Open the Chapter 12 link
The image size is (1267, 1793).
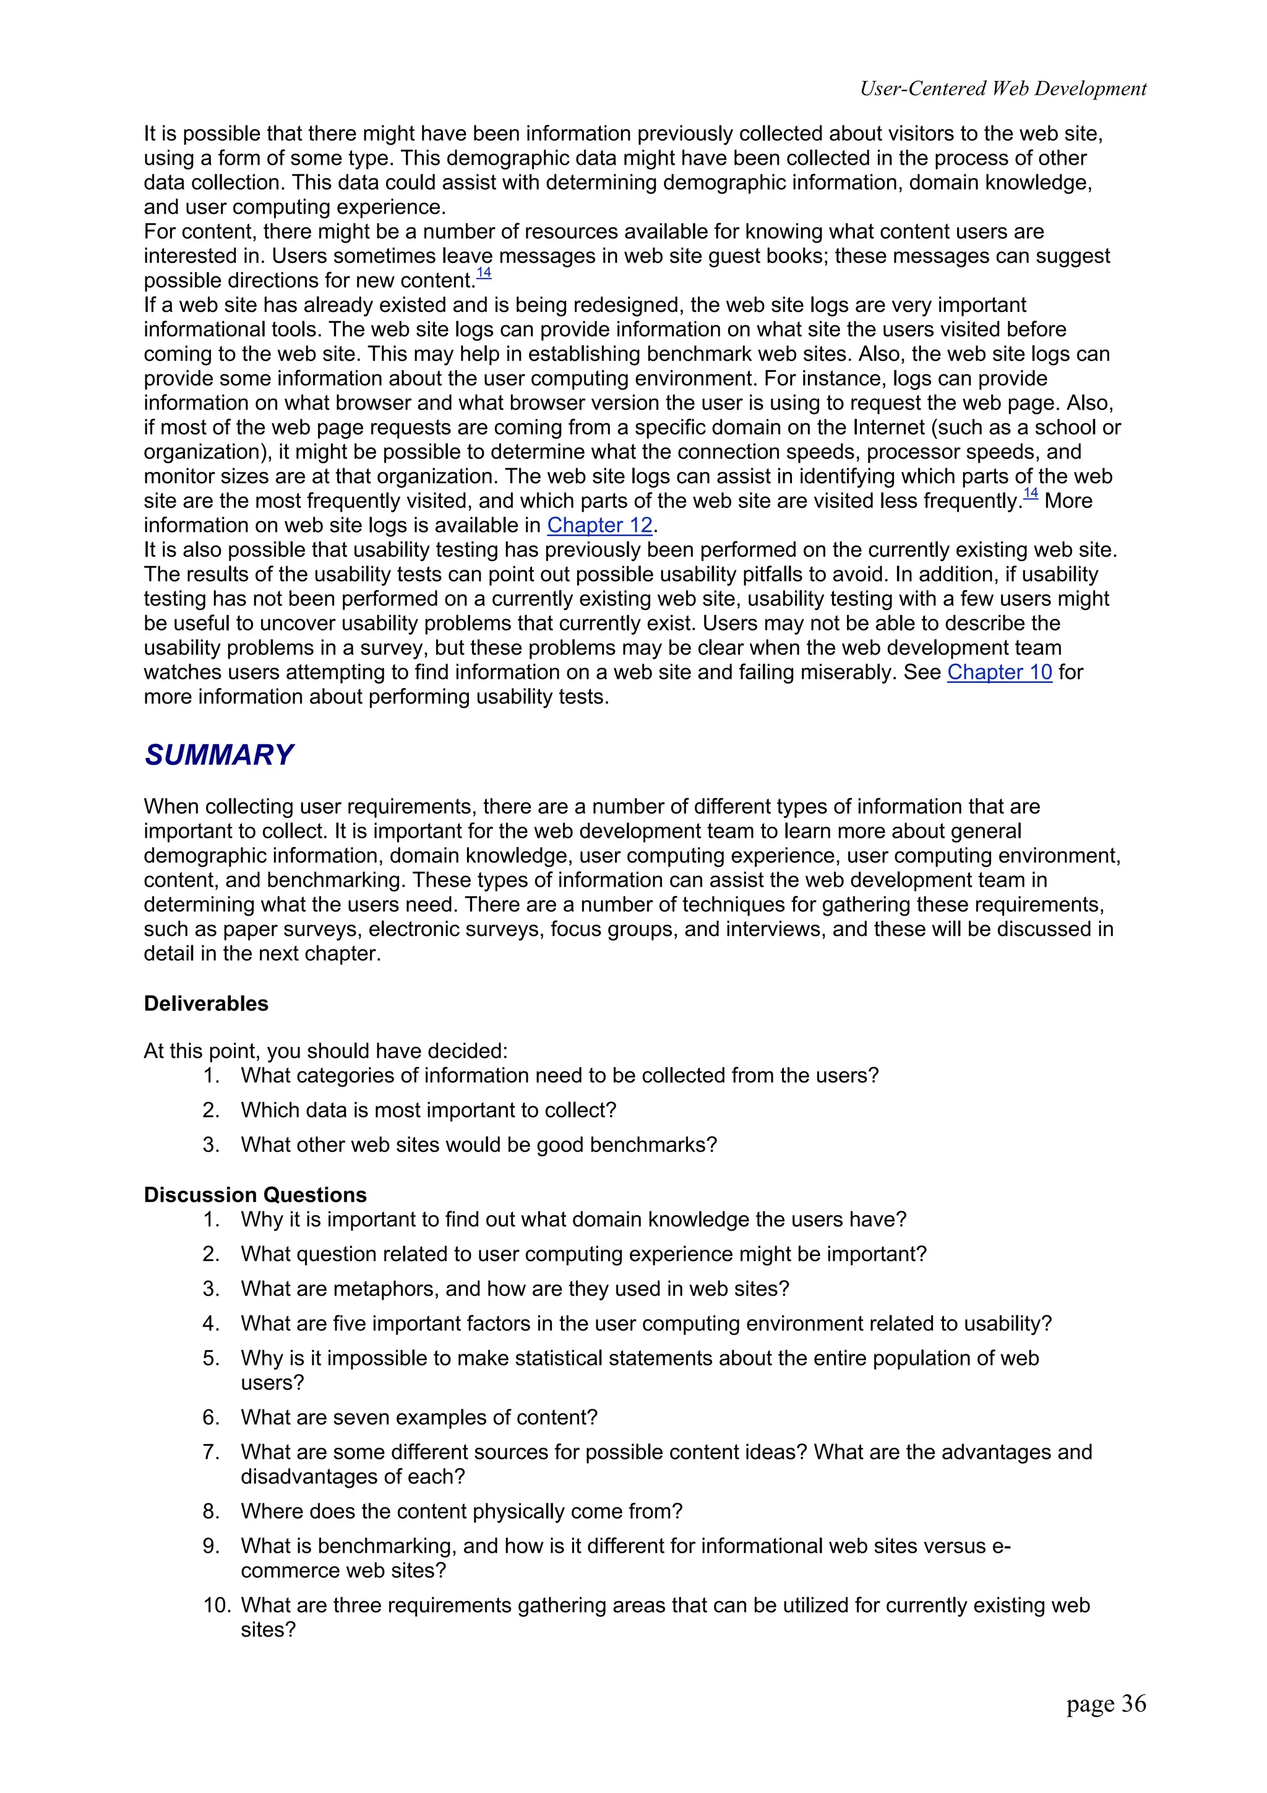pyautogui.click(x=599, y=525)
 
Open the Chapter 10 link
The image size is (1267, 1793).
pyautogui.click(x=999, y=673)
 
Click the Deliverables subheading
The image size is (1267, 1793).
pyautogui.click(x=206, y=1004)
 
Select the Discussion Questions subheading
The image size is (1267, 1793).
pyautogui.click(x=256, y=1195)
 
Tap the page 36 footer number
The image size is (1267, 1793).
pyautogui.click(x=1106, y=1703)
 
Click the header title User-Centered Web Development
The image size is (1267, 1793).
pyautogui.click(x=1002, y=89)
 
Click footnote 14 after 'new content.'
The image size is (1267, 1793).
pyautogui.click(x=484, y=273)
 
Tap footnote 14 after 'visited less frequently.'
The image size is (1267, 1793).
pyautogui.click(x=1031, y=492)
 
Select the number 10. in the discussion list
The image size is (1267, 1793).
pyautogui.click(x=217, y=1606)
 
